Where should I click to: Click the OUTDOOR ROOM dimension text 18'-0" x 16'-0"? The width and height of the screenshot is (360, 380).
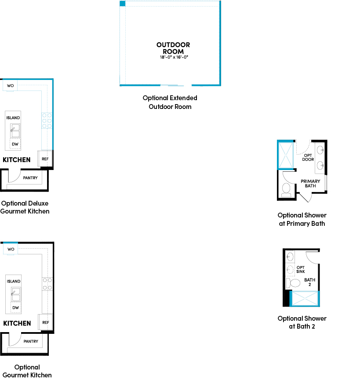click(x=174, y=57)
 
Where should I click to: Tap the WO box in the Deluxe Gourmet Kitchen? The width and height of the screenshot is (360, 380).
click(x=10, y=86)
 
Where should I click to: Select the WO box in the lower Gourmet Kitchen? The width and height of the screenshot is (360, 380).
click(x=11, y=249)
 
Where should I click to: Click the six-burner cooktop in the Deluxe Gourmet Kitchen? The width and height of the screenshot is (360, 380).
click(x=47, y=120)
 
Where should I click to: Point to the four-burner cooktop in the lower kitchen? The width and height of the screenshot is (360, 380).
click(x=47, y=284)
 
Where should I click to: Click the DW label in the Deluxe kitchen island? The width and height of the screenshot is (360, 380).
click(x=15, y=144)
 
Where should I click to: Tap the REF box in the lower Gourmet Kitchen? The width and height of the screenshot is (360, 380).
click(x=45, y=322)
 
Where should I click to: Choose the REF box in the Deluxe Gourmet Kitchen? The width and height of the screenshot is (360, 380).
click(x=45, y=159)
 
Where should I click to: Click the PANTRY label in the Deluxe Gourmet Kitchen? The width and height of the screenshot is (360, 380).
click(x=30, y=178)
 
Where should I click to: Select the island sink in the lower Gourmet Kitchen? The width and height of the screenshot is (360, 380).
click(x=16, y=294)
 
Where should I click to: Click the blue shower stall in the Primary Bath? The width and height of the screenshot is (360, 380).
click(x=286, y=155)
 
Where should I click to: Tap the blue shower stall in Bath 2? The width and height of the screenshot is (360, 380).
click(x=305, y=299)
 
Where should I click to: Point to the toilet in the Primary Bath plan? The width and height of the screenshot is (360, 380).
click(x=286, y=190)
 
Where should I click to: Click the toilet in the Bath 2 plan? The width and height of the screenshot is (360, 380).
click(x=293, y=283)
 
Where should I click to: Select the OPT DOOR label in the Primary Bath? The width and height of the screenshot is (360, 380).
click(x=308, y=157)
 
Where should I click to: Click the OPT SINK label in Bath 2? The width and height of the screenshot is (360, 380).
click(x=301, y=269)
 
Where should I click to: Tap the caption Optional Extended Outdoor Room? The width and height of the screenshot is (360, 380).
click(x=170, y=102)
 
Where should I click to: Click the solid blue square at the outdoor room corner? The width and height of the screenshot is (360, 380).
click(x=123, y=4)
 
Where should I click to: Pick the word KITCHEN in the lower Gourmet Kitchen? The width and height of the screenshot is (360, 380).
click(x=17, y=323)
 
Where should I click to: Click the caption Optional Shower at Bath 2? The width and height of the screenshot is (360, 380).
click(x=302, y=322)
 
